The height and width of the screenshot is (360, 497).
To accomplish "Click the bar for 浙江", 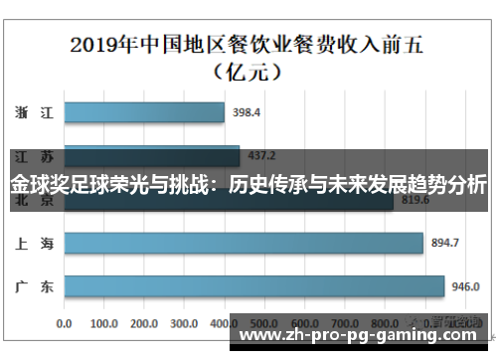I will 144,113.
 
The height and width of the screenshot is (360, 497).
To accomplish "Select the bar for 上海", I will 244,243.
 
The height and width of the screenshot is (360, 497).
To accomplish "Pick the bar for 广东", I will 253,286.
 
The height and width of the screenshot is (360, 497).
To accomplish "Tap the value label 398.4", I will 247,113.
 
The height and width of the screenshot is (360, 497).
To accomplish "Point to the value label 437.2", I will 261,156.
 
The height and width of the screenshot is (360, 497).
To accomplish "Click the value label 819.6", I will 414,200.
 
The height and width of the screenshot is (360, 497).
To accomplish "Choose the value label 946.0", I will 465,286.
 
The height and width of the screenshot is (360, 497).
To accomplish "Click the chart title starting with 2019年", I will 248,45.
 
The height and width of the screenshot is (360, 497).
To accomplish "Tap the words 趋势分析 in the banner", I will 448,186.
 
